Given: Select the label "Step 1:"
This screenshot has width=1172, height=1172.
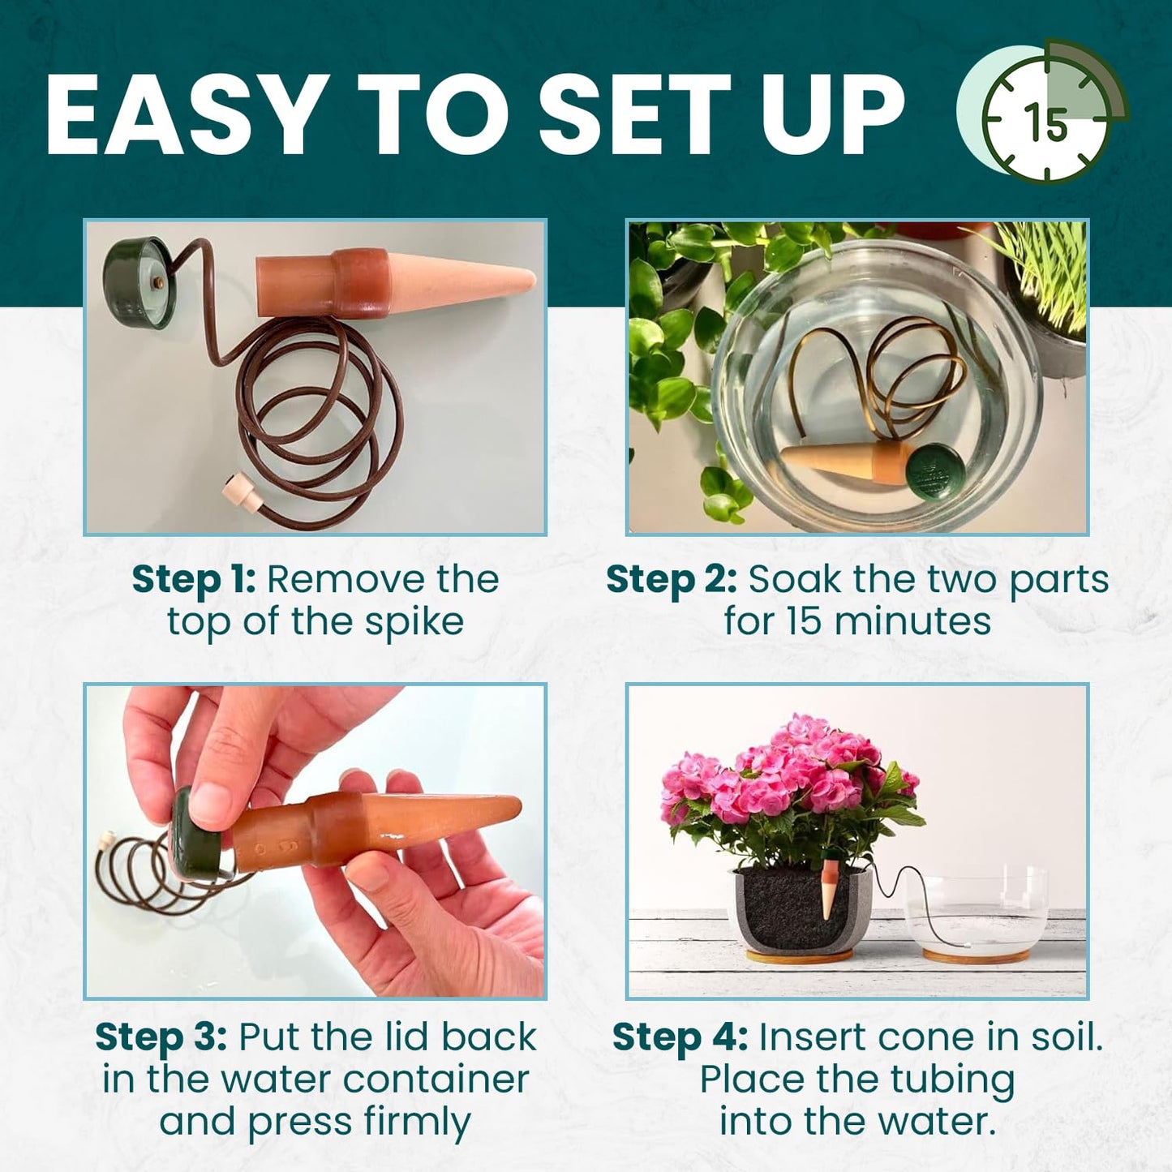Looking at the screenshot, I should coord(193,580).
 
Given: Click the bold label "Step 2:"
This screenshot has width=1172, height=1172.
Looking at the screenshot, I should coord(671,580).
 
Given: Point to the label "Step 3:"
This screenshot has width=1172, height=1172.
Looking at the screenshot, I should coord(161,1037).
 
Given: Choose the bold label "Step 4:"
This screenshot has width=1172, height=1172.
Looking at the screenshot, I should coord(679,1037).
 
